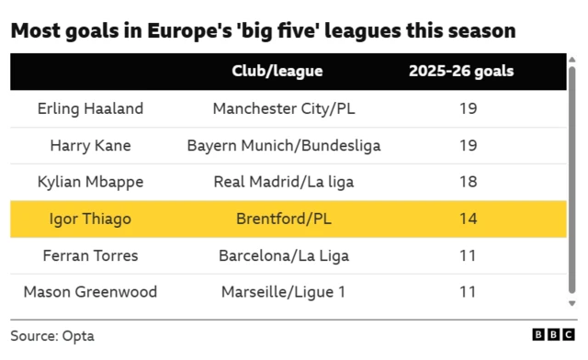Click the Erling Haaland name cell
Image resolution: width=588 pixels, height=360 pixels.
pyautogui.click(x=90, y=108)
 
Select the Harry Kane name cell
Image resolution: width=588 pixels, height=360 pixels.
pyautogui.click(x=90, y=145)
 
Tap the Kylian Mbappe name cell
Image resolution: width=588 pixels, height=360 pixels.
pyautogui.click(x=90, y=182)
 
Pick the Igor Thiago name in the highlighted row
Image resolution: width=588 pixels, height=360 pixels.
pyautogui.click(x=90, y=219)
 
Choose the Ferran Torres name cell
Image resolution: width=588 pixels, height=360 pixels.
pyautogui.click(x=90, y=255)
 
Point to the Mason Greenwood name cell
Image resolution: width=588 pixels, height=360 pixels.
pyautogui.click(x=90, y=292)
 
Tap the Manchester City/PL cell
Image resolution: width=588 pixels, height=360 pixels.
pyautogui.click(x=284, y=108)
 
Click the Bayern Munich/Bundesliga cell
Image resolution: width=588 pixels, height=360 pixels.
pyautogui.click(x=284, y=145)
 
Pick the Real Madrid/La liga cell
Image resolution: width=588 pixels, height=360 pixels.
pyautogui.click(x=284, y=182)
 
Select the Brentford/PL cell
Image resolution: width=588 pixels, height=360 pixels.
pyautogui.click(x=284, y=219)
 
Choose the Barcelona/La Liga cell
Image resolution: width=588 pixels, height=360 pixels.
pyautogui.click(x=284, y=255)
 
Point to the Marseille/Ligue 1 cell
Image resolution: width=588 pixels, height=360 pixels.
pyautogui.click(x=284, y=292)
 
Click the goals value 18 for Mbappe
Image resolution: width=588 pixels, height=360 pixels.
pyautogui.click(x=468, y=182)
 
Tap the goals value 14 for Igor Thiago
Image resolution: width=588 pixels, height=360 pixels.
pyautogui.click(x=468, y=219)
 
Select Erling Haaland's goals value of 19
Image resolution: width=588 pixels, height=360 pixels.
pyautogui.click(x=468, y=108)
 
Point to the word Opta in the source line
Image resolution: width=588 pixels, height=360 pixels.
pyautogui.click(x=78, y=336)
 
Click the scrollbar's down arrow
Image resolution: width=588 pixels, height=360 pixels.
pyautogui.click(x=572, y=302)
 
